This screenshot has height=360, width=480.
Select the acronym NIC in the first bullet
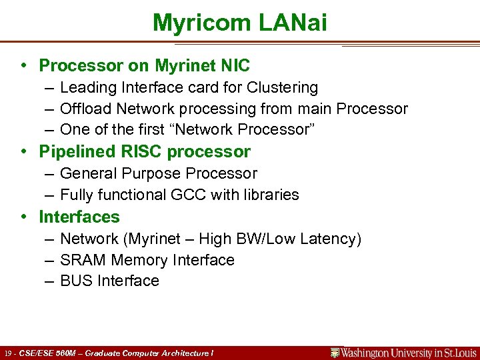[x=236, y=65]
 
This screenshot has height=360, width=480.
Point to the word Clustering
[x=283, y=87]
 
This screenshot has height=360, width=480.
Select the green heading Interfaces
[x=79, y=217]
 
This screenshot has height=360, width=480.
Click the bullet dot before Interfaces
[x=23, y=217]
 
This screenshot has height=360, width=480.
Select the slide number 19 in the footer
[x=7, y=353]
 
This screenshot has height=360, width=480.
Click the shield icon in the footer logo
[x=335, y=353]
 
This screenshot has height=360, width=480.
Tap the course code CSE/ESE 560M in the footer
[x=47, y=353]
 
